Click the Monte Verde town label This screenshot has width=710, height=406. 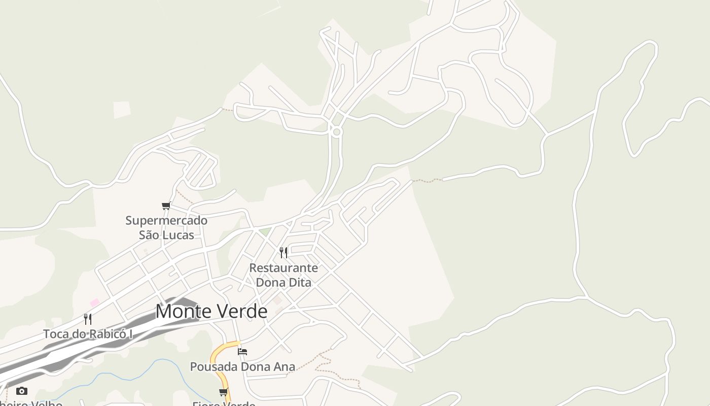[211, 311]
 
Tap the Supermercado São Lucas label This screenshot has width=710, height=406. [166, 228]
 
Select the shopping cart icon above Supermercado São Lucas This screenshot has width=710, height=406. [166, 206]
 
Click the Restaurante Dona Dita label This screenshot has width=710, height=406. [283, 275]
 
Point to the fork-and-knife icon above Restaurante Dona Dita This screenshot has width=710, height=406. [283, 252]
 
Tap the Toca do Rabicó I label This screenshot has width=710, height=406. [88, 334]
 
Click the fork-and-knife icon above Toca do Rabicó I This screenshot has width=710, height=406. [88, 319]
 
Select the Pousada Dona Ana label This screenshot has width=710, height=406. [242, 366]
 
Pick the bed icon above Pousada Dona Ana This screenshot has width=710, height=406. [242, 351]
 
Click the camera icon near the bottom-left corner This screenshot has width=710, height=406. [21, 391]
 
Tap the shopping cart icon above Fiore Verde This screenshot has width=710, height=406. [223, 392]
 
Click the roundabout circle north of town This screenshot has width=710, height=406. [336, 132]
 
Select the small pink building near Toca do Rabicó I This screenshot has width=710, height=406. [95, 302]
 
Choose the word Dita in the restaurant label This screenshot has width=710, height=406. [299, 282]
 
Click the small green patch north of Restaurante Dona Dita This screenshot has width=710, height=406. [265, 232]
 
